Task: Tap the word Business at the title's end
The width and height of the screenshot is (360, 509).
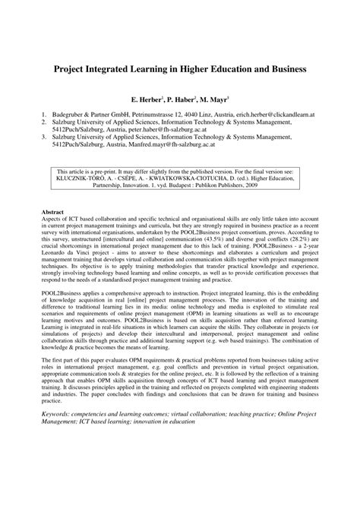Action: (283, 68)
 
